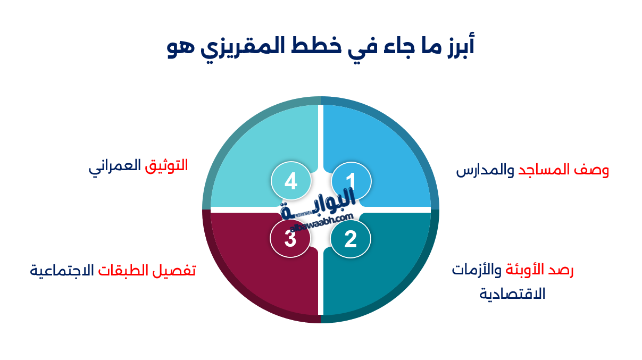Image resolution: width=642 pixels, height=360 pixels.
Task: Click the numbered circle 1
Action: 351,181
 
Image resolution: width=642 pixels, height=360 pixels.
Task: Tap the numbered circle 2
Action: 351,239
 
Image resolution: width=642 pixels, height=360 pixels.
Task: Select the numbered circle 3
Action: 290,238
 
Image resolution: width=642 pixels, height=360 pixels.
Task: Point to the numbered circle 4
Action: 290,181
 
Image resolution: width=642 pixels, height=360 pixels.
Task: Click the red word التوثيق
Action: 166,165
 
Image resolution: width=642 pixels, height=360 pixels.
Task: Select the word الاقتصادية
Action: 512,294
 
